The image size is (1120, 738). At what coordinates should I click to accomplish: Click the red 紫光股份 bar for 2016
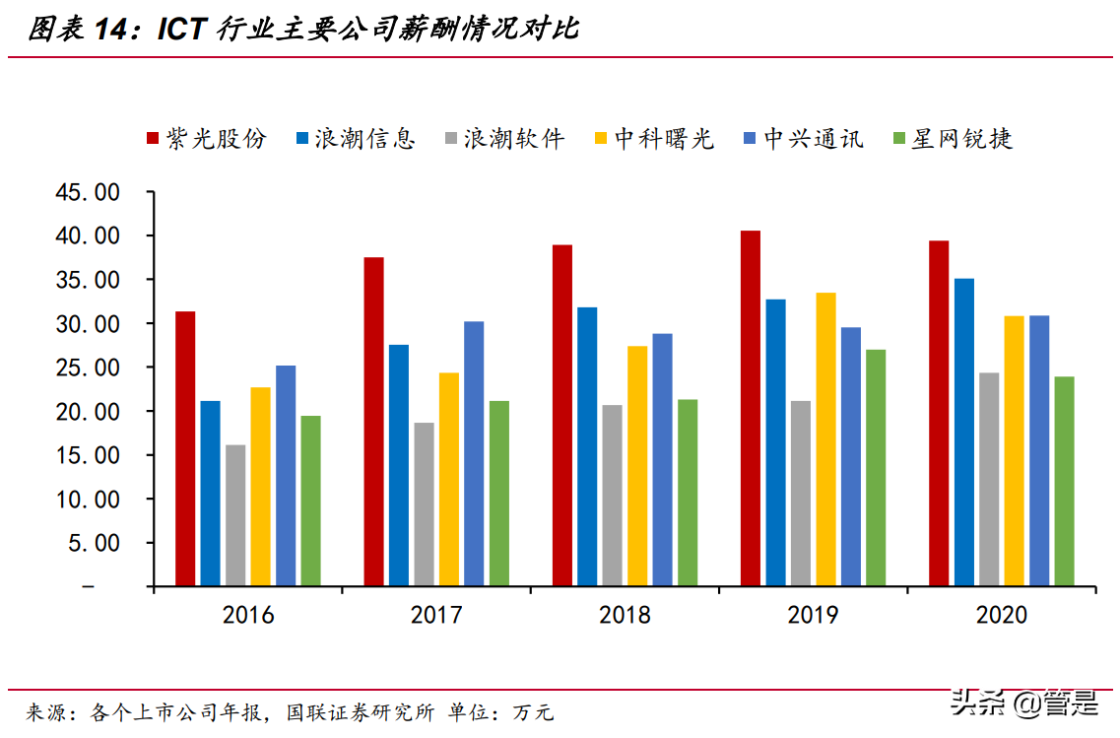(x=185, y=448)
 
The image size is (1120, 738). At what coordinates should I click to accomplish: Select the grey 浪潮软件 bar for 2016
(x=235, y=515)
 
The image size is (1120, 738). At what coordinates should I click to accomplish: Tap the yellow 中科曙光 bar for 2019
(x=825, y=438)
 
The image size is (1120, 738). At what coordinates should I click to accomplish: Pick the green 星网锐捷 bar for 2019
(x=876, y=467)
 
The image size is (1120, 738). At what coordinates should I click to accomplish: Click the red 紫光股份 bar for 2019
(x=751, y=408)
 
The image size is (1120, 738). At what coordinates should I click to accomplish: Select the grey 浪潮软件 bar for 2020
(x=989, y=479)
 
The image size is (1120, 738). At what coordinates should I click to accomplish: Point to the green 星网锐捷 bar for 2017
(x=499, y=493)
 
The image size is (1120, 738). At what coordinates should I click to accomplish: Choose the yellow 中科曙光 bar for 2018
(x=637, y=465)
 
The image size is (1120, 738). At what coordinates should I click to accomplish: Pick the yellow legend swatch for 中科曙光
(x=601, y=140)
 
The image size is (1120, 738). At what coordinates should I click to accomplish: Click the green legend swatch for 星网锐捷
(x=899, y=140)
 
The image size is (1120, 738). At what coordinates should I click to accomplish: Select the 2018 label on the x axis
(x=625, y=616)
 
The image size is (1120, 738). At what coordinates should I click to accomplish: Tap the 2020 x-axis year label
(x=1001, y=616)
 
